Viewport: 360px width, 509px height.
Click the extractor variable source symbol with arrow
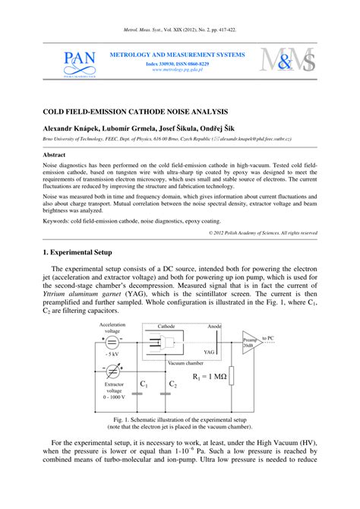(x=112, y=371)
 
